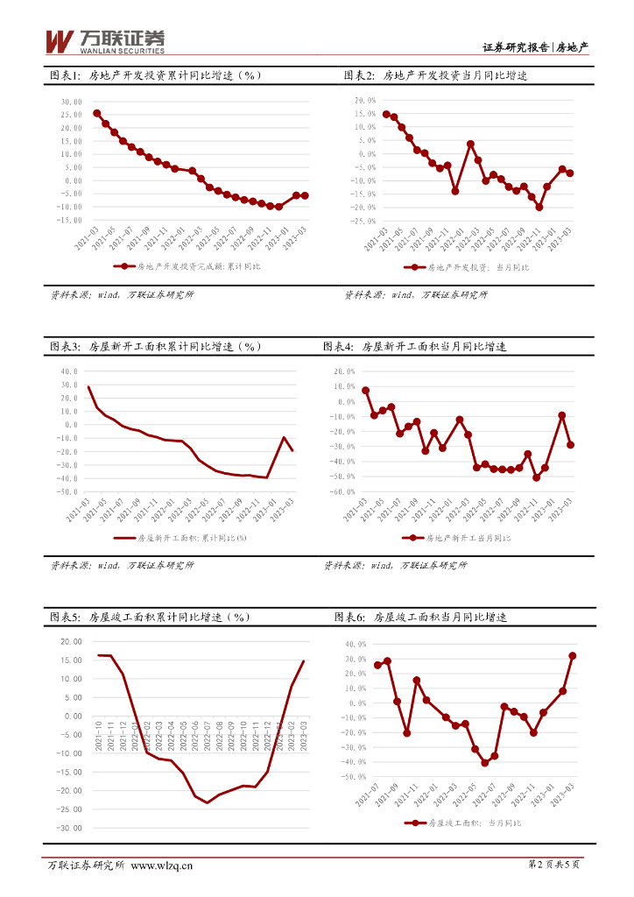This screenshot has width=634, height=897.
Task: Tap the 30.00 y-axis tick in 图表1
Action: coord(72,102)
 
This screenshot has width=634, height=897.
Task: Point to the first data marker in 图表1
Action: coord(96,113)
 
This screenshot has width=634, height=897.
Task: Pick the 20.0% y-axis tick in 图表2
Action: coord(363,101)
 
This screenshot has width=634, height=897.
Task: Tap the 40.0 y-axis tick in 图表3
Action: coord(68,371)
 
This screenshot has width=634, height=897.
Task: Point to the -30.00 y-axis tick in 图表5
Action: coord(68,828)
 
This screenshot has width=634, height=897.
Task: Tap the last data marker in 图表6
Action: coord(573,655)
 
